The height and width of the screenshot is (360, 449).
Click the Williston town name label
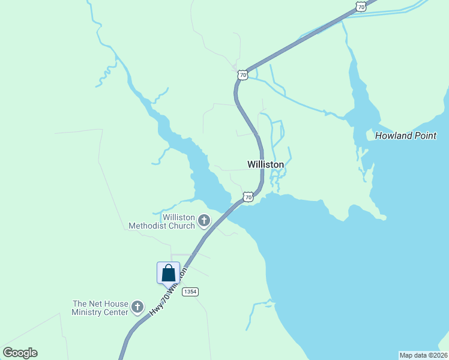pos(265,164)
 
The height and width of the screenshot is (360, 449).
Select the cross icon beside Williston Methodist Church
pos(204,221)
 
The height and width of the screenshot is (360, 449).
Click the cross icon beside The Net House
pos(137,308)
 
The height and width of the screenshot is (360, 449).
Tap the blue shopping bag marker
pos(169,273)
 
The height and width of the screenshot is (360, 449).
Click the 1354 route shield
pos(190,292)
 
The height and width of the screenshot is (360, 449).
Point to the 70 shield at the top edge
pos(360,6)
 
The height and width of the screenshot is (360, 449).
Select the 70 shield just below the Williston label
pos(248,197)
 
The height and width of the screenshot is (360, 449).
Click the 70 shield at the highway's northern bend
pos(242,74)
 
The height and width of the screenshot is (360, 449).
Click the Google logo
pos(20,353)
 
